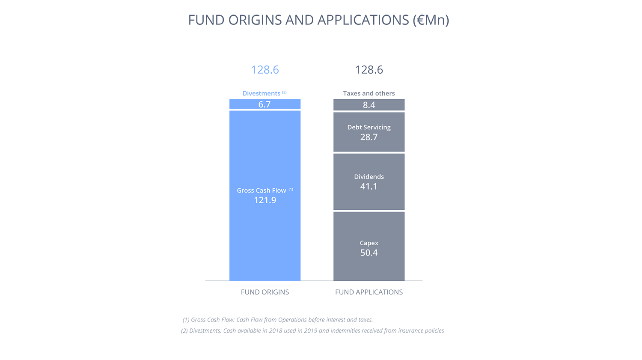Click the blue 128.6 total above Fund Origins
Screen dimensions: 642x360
265,70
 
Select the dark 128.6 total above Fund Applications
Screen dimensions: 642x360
369,70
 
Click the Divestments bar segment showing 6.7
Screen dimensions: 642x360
265,104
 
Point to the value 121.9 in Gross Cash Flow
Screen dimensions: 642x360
265,200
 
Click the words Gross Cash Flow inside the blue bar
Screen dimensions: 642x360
262,190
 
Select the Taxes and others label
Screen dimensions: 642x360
369,93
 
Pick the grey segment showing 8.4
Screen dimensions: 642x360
369,104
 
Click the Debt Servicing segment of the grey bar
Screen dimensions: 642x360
369,132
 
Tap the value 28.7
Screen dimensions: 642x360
369,137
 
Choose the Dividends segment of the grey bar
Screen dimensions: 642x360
369,182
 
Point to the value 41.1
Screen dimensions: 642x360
369,186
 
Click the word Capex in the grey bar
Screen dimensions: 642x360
369,243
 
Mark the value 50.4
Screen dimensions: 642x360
369,253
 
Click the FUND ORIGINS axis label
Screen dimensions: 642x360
265,292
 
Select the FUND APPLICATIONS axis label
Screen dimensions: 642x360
369,292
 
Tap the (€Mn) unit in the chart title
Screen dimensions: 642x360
431,20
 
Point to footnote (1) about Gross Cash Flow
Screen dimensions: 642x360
278,320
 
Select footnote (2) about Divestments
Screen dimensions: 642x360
312,331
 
